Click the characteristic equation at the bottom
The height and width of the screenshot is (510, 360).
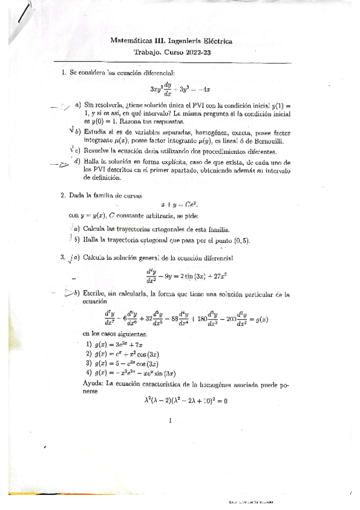coord(180,400)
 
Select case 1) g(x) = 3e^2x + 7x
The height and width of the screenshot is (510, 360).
coord(120,343)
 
